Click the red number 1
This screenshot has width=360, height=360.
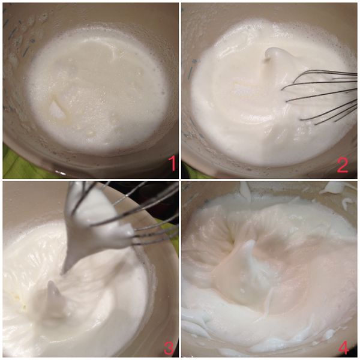pos(172,163)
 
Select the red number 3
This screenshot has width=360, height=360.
pos(169,347)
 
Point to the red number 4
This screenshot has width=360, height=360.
pos(344,347)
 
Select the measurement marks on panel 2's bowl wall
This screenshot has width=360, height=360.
pos(191,69)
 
